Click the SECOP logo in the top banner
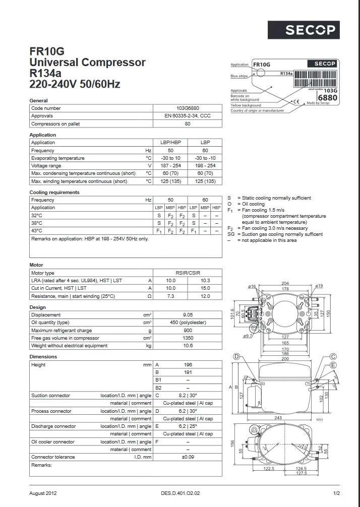point(310,30)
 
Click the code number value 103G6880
point(187,108)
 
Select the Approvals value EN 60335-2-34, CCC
point(187,116)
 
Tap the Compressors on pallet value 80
point(187,123)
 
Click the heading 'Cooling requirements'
point(54,193)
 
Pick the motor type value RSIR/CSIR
point(187,273)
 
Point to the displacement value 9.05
point(187,315)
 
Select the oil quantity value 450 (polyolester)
point(187,323)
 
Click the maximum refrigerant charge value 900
point(187,330)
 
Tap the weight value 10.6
point(187,346)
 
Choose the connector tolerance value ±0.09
point(187,457)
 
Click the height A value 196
point(187,364)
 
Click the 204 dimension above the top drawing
point(285,283)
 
